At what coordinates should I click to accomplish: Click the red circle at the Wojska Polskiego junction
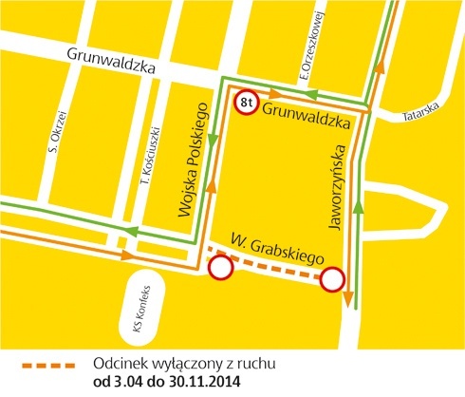[x=220, y=269]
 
